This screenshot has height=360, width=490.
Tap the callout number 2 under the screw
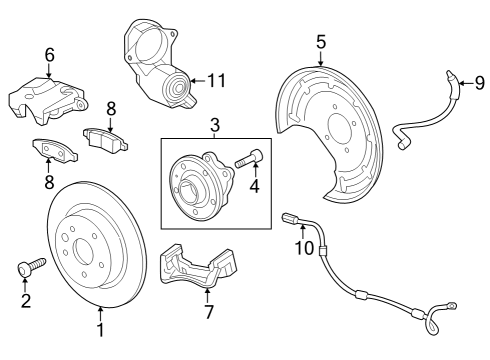coord(25,300)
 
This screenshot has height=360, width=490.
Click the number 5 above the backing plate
coord(321,41)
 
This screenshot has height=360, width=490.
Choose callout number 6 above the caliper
coord(49,55)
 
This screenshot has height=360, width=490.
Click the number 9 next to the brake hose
coord(478,82)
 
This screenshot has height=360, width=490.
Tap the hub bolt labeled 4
coord(249,158)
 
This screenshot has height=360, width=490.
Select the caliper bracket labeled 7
coord(195,265)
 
